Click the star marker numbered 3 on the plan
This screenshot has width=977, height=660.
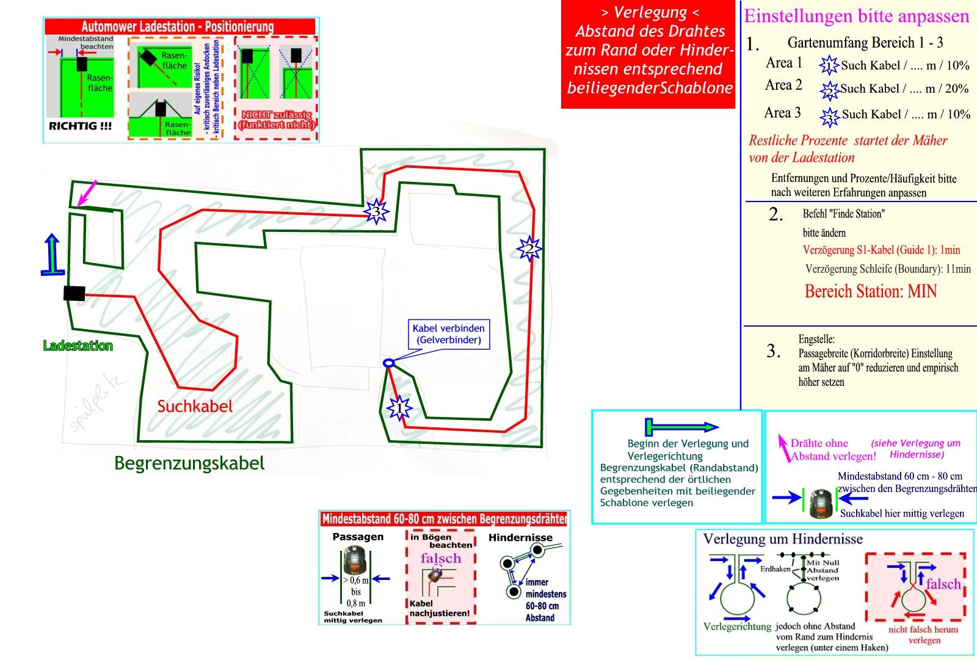376,212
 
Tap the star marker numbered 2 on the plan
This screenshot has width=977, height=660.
529,248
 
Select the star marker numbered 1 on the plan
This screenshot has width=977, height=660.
399,407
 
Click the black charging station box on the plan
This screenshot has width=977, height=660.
74,294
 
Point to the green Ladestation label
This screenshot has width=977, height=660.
78,346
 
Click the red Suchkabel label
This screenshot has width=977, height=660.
195,406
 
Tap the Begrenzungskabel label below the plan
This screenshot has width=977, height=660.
189,463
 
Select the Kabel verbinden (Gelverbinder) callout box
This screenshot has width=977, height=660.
448,334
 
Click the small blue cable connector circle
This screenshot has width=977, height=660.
388,363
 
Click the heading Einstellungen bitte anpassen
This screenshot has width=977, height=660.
856,16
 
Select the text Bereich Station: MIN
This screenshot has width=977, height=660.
870,291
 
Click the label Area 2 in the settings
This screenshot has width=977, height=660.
783,85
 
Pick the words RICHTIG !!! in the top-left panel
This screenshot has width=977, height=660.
80,126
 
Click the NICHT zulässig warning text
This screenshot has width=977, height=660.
277,120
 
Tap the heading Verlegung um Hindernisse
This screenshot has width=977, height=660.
783,539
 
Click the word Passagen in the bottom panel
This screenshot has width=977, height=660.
358,537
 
